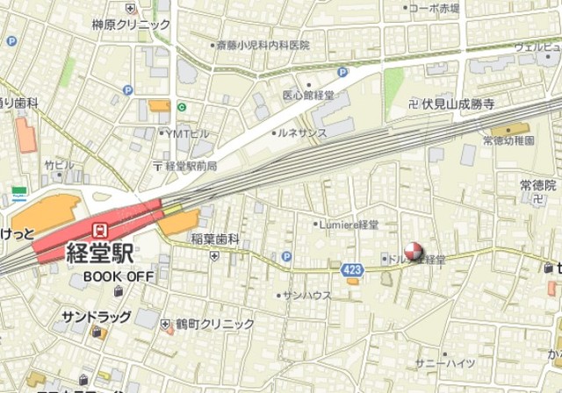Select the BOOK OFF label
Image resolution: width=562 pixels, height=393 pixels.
(119, 277)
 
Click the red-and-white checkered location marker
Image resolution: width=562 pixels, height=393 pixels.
(413, 253)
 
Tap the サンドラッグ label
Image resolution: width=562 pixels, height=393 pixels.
(96, 317)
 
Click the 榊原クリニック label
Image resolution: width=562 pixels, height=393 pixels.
(131, 25)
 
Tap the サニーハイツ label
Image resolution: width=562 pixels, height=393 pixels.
(445, 363)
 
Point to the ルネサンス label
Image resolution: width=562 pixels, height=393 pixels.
(302, 132)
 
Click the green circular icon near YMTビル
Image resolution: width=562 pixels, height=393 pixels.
(182, 107)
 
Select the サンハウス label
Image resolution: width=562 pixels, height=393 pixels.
(306, 296)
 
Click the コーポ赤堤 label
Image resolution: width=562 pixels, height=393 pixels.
(435, 8)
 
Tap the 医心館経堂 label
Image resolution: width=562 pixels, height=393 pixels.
(308, 94)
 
